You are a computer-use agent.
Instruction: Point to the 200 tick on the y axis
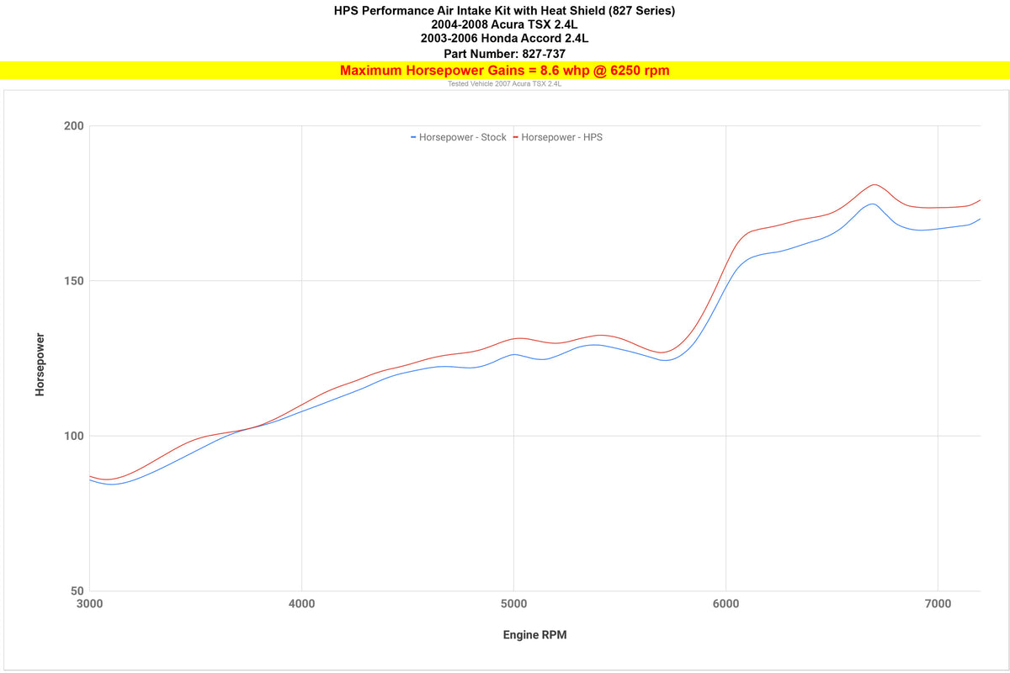pyautogui.click(x=75, y=126)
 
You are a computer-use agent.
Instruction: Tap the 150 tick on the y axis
pyautogui.click(x=75, y=281)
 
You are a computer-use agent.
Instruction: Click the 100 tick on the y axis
pyautogui.click(x=75, y=436)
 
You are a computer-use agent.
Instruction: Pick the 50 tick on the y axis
pyautogui.click(x=77, y=591)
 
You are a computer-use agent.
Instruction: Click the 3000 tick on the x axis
pyautogui.click(x=89, y=604)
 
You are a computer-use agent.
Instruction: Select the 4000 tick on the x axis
pyautogui.click(x=301, y=604)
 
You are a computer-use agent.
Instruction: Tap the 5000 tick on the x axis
pyautogui.click(x=513, y=604)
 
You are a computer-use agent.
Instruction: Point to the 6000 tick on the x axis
pyautogui.click(x=726, y=604)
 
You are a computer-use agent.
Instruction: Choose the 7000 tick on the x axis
pyautogui.click(x=938, y=604)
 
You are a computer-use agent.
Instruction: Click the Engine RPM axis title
pyautogui.click(x=534, y=635)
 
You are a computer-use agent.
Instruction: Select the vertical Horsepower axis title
pyautogui.click(x=40, y=364)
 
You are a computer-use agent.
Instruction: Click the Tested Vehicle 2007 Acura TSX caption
pyautogui.click(x=504, y=84)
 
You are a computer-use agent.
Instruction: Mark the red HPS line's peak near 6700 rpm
pyautogui.click(x=874, y=184)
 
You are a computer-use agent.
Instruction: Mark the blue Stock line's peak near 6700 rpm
pyautogui.click(x=872, y=204)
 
